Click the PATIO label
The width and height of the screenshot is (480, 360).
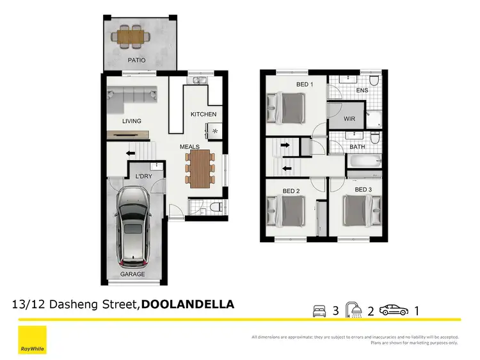(136, 60)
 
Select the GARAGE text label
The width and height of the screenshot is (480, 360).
(132, 274)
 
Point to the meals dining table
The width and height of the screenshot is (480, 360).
(200, 167)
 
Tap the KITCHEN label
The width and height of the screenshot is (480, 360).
(204, 115)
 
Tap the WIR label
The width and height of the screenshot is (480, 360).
(349, 119)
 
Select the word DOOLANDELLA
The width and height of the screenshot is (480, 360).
(188, 304)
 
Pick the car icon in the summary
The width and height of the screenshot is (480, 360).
(393, 311)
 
